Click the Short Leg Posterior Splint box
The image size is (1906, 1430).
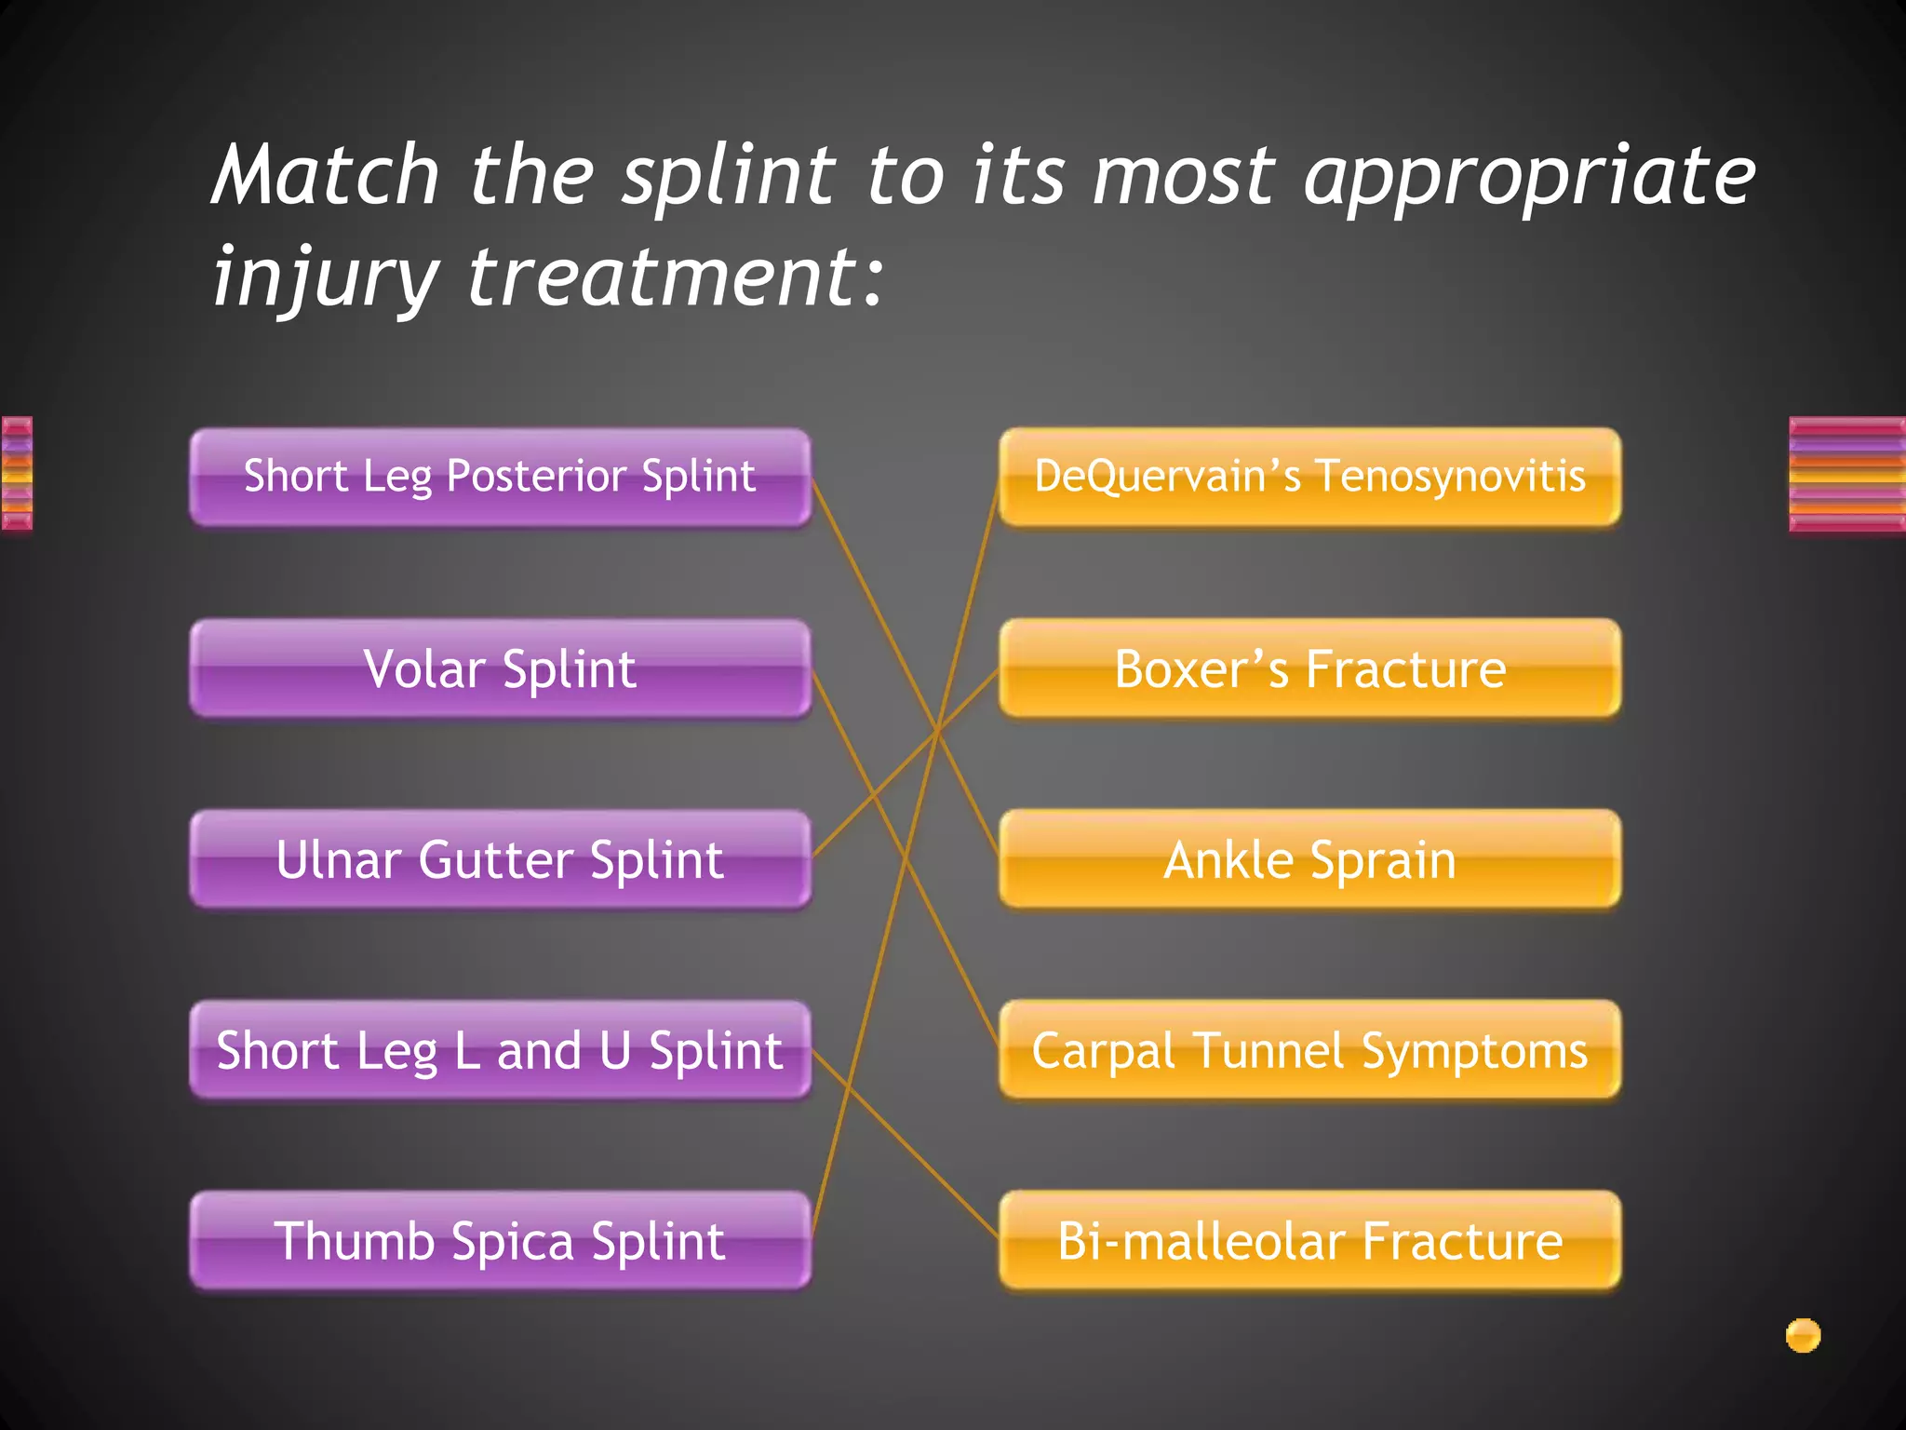pyautogui.click(x=500, y=477)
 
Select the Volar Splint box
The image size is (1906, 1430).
pyautogui.click(x=500, y=668)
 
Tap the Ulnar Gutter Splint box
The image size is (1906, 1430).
pyautogui.click(x=500, y=859)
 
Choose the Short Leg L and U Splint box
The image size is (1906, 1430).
pyautogui.click(x=500, y=1050)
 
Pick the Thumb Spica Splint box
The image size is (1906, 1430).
pyautogui.click(x=500, y=1241)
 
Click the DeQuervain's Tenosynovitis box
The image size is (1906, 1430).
pyautogui.click(x=1309, y=477)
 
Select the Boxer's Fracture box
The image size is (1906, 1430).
pyautogui.click(x=1309, y=668)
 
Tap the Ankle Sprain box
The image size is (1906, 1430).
pyautogui.click(x=1309, y=859)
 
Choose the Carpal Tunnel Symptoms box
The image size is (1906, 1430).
pyautogui.click(x=1309, y=1050)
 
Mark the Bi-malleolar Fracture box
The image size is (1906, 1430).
pyautogui.click(x=1309, y=1241)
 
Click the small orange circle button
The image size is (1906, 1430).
pyautogui.click(x=1803, y=1335)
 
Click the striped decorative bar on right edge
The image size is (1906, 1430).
pyautogui.click(x=1846, y=475)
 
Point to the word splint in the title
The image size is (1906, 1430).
pyautogui.click(x=729, y=177)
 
